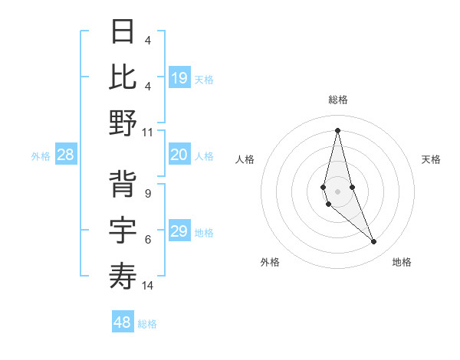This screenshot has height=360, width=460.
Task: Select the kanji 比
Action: (123, 77)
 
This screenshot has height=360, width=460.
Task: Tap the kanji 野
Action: (123, 123)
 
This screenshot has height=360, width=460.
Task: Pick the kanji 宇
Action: (123, 231)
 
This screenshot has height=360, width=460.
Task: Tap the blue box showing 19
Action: (179, 78)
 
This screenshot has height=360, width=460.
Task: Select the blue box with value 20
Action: (179, 155)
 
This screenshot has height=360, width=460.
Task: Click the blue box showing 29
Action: (179, 231)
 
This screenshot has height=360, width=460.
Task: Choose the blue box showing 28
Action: (66, 155)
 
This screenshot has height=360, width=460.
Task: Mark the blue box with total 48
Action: (123, 322)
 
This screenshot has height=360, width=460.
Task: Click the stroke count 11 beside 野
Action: (148, 132)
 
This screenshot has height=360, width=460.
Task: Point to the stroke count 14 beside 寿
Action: (148, 286)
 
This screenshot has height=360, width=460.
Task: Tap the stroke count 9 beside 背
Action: (148, 194)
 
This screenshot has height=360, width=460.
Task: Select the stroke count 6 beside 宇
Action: (148, 240)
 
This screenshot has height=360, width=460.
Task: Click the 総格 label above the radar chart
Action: (338, 100)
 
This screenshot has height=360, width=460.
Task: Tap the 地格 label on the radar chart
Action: (402, 262)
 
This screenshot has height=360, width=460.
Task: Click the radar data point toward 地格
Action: (374, 242)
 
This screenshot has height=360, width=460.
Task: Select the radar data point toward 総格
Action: (338, 129)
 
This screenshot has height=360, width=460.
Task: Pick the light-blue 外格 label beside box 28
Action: (41, 156)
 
